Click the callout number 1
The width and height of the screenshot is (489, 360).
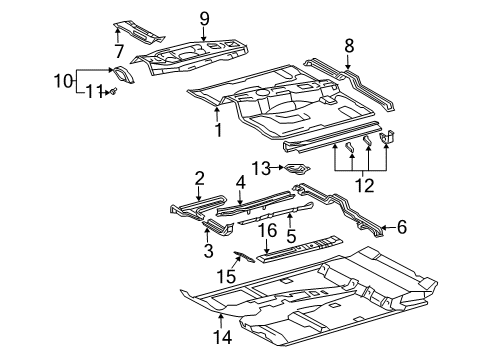pos(217,130)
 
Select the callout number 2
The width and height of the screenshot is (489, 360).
pos(200,178)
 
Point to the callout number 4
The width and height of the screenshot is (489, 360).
pos(240,182)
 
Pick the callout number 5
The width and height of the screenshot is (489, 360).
pos(291,238)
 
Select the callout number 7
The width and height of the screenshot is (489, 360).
pos(117,50)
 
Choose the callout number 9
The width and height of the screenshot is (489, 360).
pos(204,18)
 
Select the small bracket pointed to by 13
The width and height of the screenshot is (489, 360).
pos(296,169)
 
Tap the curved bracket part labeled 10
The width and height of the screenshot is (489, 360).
pos(122,75)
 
